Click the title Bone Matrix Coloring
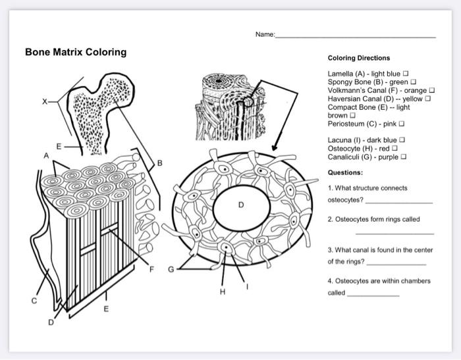76,52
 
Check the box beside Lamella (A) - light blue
406,74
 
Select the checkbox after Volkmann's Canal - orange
432,90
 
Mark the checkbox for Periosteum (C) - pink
401,123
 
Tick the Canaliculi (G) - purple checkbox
404,157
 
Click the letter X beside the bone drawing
45,101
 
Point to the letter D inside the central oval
241,205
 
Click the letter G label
171,269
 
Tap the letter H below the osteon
223,292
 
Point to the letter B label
159,163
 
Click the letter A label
46,156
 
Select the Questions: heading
345,172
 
